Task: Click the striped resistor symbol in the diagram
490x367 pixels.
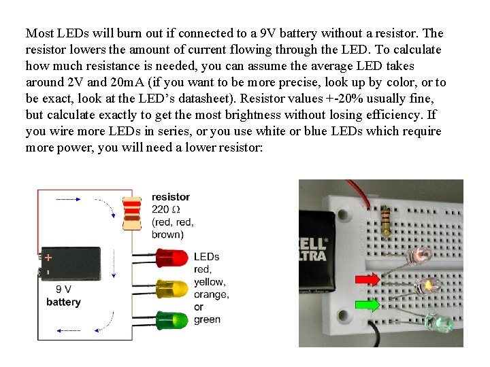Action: click(x=131, y=213)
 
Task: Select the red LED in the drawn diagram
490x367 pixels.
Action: click(x=171, y=258)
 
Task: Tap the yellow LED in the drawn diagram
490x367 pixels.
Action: click(x=171, y=288)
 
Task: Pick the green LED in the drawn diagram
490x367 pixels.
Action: click(x=171, y=319)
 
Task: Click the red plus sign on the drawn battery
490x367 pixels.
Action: click(x=48, y=258)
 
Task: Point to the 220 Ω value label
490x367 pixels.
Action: click(x=167, y=209)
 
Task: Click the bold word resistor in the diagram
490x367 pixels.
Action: click(x=171, y=197)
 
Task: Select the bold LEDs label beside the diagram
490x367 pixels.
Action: click(x=207, y=257)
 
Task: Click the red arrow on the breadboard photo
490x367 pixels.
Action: click(x=367, y=278)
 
